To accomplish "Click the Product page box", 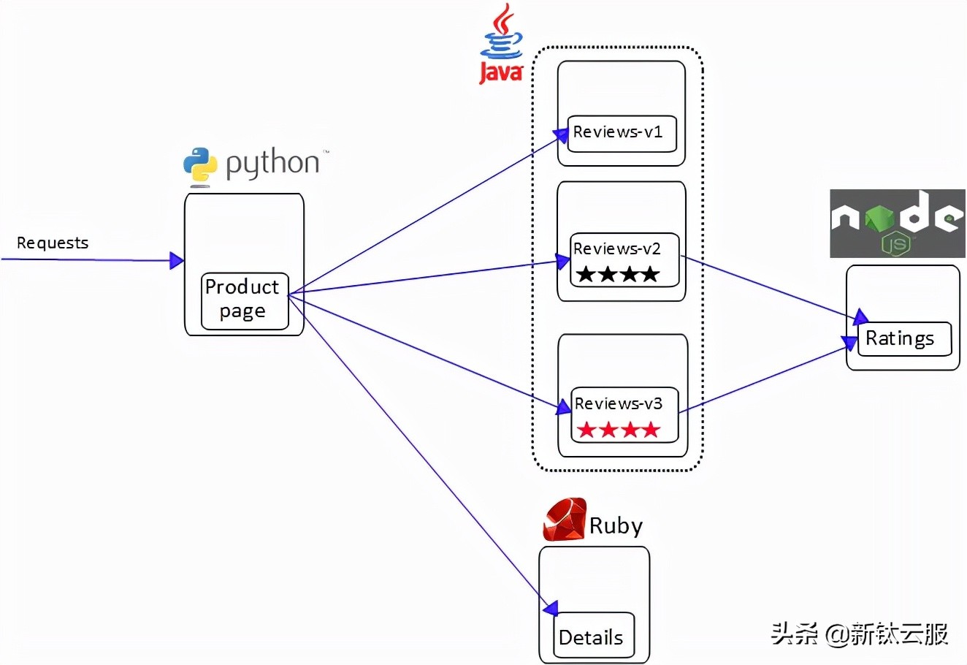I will click(244, 300).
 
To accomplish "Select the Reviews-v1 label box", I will click(622, 134).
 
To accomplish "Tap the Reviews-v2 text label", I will click(616, 249).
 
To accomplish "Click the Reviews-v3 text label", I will click(618, 404).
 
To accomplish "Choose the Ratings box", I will click(903, 339).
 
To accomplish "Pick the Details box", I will click(592, 635).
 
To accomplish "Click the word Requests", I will click(53, 243).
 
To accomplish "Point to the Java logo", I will click(501, 44).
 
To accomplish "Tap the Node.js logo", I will click(898, 223).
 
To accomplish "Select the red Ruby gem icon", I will click(565, 520).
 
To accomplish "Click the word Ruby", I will click(616, 526).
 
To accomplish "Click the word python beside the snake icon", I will click(272, 164).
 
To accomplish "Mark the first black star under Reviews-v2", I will click(585, 275).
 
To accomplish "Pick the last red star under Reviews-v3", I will click(651, 430).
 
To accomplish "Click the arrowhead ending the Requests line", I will click(176, 260).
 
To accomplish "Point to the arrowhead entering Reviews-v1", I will click(561, 134).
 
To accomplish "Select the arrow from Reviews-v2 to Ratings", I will click(767, 286).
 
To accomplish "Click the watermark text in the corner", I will click(860, 634).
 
